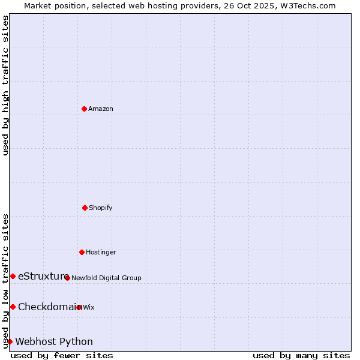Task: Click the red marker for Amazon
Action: click(84, 109)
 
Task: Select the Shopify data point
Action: click(85, 208)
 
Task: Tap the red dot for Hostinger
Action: click(82, 252)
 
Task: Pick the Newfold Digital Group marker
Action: click(67, 278)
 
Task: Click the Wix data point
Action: click(79, 307)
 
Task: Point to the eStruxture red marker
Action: click(13, 276)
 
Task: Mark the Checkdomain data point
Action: click(13, 307)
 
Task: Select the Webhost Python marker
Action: click(10, 341)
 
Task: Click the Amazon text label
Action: click(101, 109)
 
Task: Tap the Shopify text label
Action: click(101, 208)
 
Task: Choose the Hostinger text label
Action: click(101, 252)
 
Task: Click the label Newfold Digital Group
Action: click(106, 278)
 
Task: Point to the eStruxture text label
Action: click(43, 276)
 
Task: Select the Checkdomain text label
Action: click(47, 307)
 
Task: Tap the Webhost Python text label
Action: click(54, 341)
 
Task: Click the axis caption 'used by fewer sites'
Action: click(62, 355)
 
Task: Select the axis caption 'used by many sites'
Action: click(301, 355)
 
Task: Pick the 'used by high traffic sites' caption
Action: click(5, 85)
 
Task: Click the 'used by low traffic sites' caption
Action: click(5, 280)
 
